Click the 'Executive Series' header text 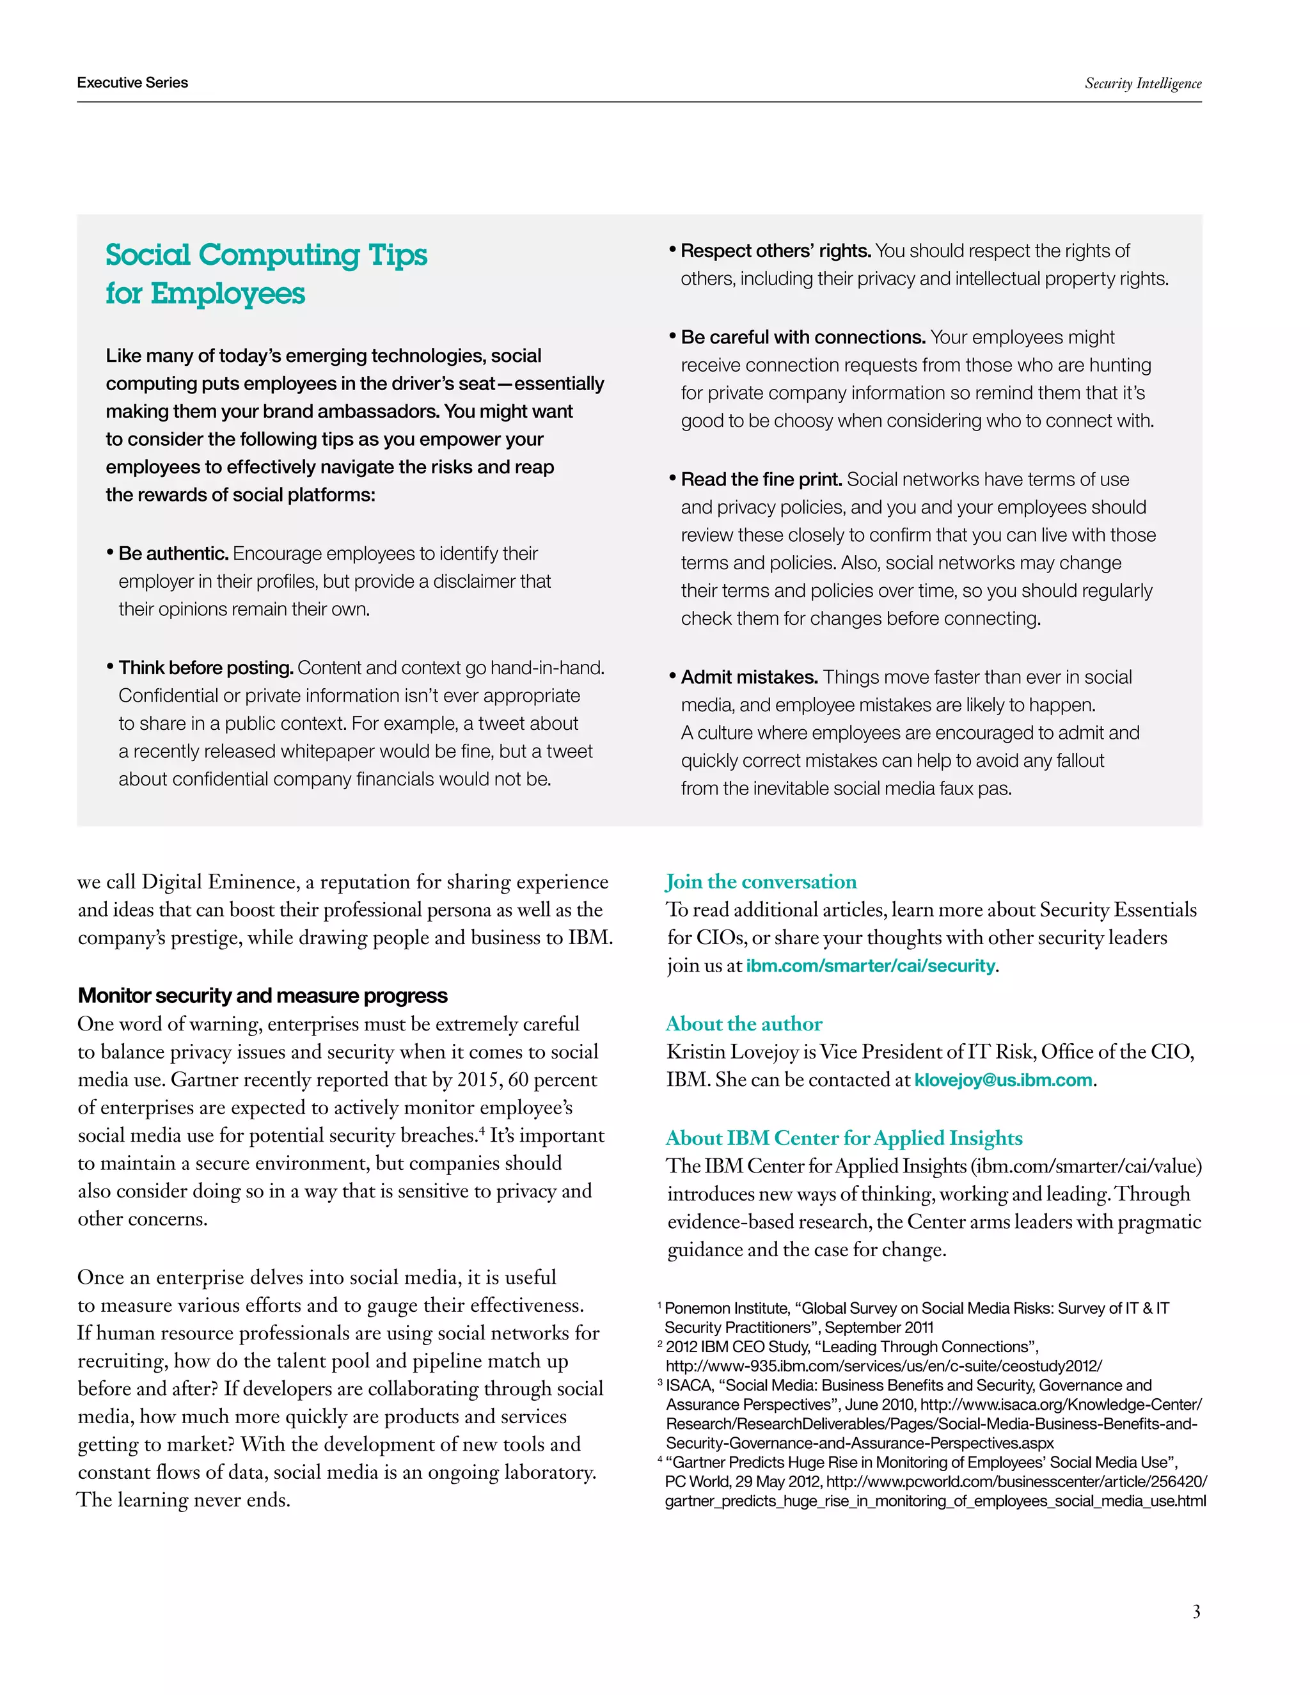(132, 83)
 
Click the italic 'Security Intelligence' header (1142, 83)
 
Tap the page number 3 (1196, 1611)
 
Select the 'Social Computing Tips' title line (266, 255)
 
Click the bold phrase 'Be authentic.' (173, 553)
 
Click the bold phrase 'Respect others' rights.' (775, 251)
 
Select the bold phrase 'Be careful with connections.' (803, 337)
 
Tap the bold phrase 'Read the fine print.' (761, 479)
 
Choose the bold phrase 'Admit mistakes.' (749, 677)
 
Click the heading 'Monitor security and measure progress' (262, 995)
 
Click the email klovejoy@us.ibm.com (1003, 1080)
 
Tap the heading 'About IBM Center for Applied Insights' (844, 1138)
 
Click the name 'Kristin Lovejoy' (734, 1052)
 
